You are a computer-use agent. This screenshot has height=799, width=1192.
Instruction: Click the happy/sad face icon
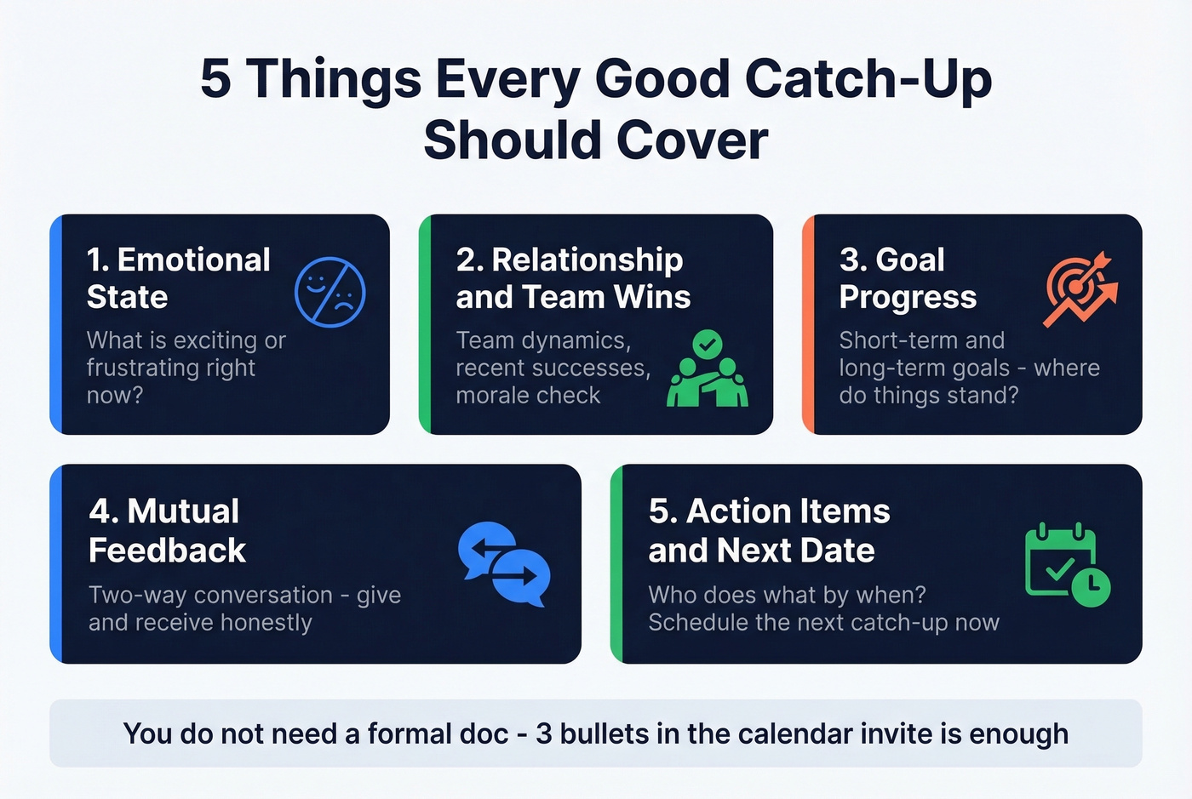330,292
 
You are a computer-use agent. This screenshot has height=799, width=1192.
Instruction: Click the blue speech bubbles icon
504,563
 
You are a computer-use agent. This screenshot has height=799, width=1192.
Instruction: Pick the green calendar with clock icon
1066,565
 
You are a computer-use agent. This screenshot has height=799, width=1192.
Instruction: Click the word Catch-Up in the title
868,79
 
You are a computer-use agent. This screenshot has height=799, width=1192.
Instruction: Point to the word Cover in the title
691,140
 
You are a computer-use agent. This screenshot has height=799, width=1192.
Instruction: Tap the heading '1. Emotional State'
178,278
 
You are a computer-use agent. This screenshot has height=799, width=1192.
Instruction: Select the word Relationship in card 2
587,260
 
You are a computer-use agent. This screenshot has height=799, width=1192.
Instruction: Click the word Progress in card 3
908,297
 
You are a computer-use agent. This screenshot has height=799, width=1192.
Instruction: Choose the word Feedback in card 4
167,551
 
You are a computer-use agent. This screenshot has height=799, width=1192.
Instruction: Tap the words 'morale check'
528,396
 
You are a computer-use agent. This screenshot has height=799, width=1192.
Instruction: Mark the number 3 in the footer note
543,733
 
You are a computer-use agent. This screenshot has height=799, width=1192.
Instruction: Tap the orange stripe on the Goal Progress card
808,324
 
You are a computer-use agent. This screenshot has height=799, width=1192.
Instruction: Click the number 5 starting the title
215,79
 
